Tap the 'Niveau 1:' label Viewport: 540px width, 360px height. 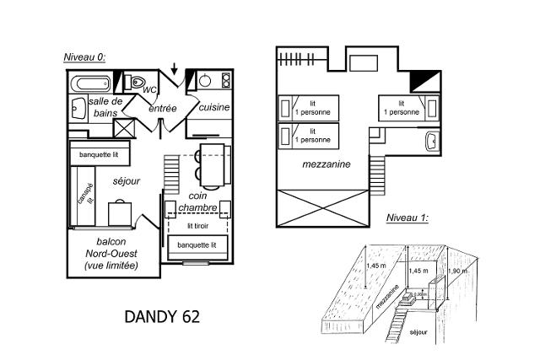407,218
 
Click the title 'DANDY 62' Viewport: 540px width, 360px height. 163,317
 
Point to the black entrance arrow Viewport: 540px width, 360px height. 174,67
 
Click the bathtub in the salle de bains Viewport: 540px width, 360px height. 89,83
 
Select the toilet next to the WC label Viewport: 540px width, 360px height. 135,83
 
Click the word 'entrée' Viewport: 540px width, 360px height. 162,109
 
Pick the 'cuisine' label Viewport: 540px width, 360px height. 214,108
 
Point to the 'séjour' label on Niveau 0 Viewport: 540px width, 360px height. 127,181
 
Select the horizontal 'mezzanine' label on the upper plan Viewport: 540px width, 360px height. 326,164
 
